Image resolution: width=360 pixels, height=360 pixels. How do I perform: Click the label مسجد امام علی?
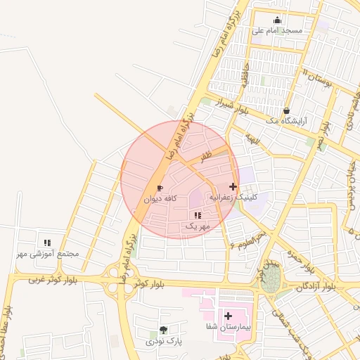tap(282, 31)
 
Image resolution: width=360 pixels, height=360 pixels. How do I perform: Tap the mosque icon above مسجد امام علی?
tap(278, 20)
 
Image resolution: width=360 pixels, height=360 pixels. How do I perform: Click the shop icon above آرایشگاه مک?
tap(286, 111)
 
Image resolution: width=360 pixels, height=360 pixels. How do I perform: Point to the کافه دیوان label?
tap(160, 199)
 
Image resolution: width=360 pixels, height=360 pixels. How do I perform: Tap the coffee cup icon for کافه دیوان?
tap(160, 188)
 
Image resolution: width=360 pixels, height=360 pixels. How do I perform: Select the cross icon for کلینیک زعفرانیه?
tap(233, 187)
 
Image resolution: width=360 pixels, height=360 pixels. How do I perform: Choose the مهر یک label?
tap(198, 226)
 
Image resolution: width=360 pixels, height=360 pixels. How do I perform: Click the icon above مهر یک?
tap(198, 215)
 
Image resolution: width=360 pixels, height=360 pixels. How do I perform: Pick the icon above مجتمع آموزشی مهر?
tap(47, 243)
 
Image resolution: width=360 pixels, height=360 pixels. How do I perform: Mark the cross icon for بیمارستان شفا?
tap(228, 316)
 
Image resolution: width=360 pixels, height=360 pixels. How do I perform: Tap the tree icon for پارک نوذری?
tap(164, 330)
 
